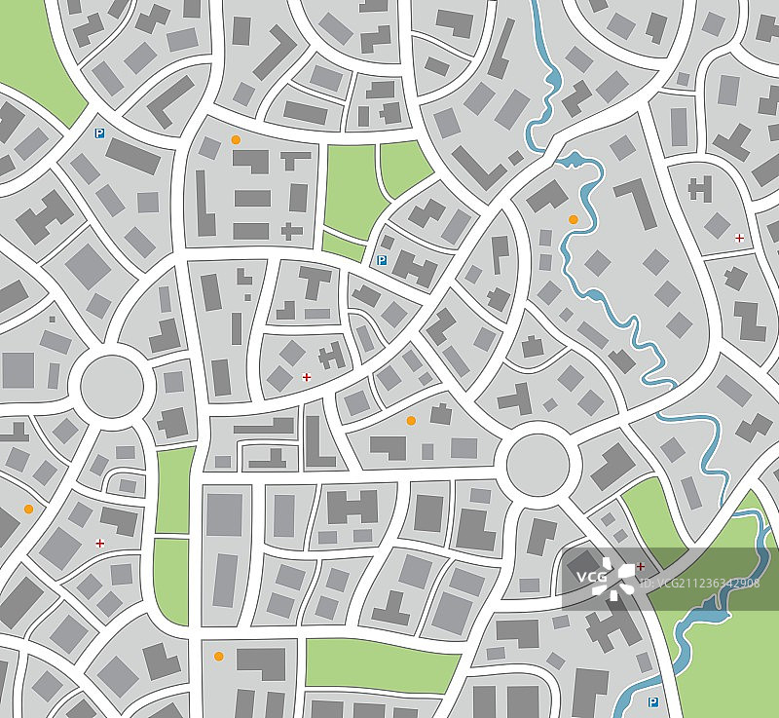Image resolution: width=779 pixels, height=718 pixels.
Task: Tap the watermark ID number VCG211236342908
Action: tap(703, 584)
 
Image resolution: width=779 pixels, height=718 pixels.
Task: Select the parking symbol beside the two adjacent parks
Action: tap(382, 260)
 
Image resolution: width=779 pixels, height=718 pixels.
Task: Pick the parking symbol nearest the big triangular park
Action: tap(98, 133)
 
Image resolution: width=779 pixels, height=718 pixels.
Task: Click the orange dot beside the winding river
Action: tap(573, 220)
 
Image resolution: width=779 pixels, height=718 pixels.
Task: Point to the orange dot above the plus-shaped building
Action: tap(236, 140)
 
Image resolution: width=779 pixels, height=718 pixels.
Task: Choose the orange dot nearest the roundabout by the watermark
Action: tap(411, 420)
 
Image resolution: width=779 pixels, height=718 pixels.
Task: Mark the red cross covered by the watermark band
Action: tap(641, 566)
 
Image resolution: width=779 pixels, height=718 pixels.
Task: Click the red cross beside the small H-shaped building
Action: tap(307, 376)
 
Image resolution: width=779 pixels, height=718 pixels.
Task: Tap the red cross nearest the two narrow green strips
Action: tap(99, 543)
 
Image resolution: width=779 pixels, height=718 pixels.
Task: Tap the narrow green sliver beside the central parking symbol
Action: tap(343, 245)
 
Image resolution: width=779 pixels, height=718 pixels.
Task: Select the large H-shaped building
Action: tap(352, 506)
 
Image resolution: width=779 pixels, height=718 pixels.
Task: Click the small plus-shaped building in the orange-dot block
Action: tap(290, 231)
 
